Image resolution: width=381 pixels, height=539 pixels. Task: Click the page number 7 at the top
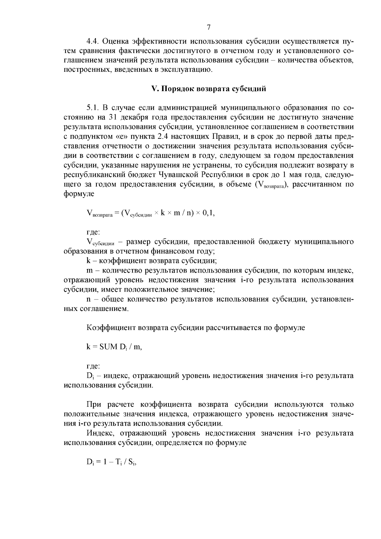tap(209, 27)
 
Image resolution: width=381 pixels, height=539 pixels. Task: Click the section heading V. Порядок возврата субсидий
tap(209, 89)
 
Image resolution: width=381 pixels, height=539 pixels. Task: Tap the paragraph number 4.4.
tap(93, 41)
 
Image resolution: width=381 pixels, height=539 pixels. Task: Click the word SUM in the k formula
tap(108, 347)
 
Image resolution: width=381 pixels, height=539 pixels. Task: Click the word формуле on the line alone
tap(79, 194)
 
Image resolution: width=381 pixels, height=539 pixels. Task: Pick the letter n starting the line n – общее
tap(89, 299)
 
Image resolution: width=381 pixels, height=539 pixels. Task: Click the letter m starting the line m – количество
tap(89, 271)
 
